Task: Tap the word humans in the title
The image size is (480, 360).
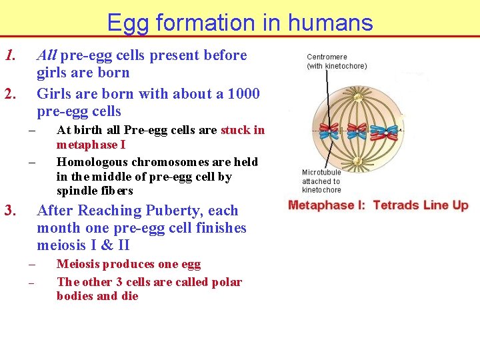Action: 331,23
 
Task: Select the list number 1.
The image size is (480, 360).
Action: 10,55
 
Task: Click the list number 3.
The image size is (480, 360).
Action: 10,211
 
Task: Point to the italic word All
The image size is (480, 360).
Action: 47,55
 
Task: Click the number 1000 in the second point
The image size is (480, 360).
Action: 243,94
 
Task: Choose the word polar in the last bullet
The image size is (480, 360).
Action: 227,282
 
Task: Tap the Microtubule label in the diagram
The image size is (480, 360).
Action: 323,173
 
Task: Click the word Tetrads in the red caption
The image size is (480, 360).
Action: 396,205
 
